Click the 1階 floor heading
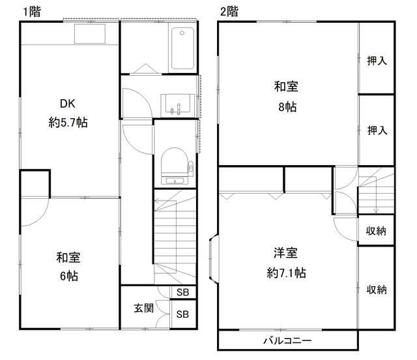32,12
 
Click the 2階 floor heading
229,12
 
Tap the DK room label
68,104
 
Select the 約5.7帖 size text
68,123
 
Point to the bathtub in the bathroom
182,48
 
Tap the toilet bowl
175,166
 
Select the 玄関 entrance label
143,308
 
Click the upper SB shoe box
182,292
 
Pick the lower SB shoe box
182,314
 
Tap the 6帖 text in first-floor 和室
69,276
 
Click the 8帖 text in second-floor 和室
287,107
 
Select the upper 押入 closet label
377,61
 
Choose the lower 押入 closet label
377,130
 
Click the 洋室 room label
285,252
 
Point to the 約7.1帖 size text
287,273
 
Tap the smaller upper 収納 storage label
376,231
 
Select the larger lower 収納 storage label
377,290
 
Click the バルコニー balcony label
287,340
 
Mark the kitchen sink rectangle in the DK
90,34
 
